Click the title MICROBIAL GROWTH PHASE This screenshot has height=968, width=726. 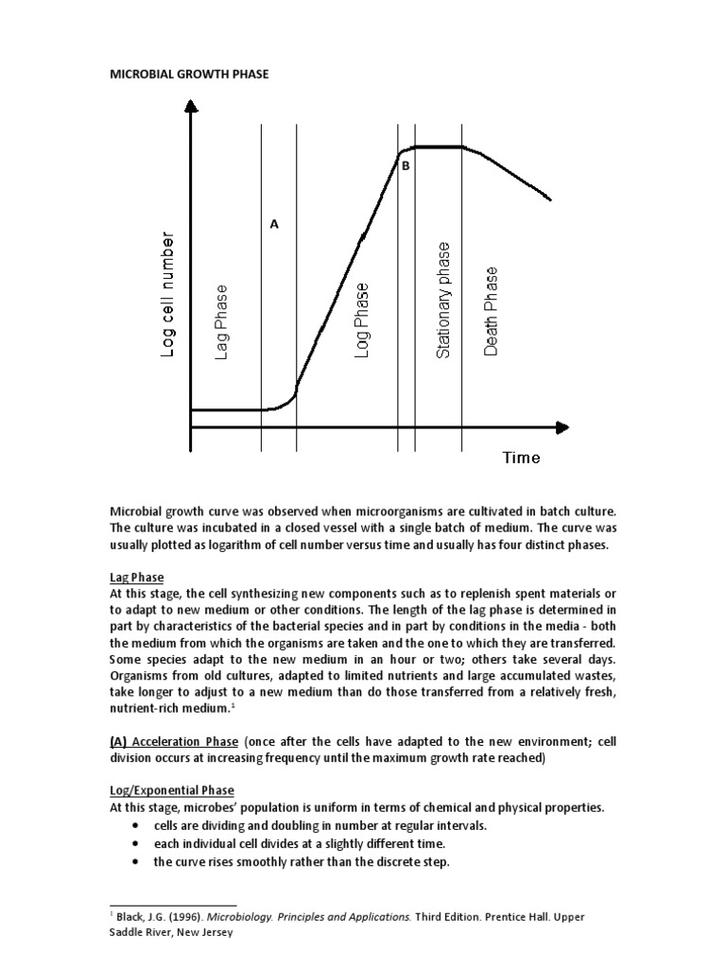point(189,74)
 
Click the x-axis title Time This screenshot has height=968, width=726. point(521,458)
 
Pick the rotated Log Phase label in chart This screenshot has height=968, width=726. point(361,320)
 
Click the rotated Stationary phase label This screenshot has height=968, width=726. point(442,300)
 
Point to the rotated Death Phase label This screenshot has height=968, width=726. point(491,311)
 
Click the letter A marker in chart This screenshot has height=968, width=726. point(274,225)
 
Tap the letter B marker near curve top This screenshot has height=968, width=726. point(406,166)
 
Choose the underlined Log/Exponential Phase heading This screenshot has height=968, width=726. point(171,790)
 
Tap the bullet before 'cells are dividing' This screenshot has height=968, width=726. point(137,826)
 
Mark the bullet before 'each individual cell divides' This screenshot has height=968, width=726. point(137,843)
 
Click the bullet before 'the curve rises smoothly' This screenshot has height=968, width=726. point(137,861)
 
